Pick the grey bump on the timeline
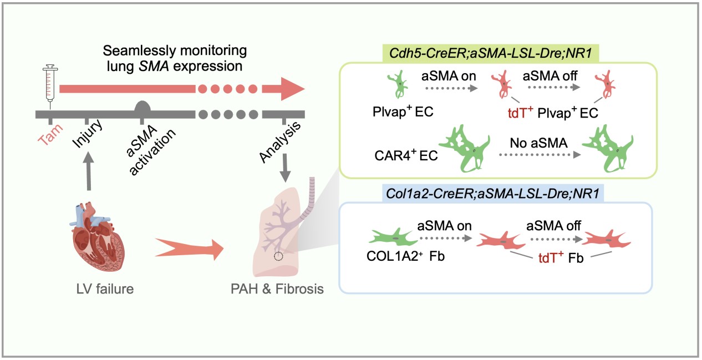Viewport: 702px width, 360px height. click(x=143, y=107)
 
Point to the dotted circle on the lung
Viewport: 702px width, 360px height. click(x=278, y=256)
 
